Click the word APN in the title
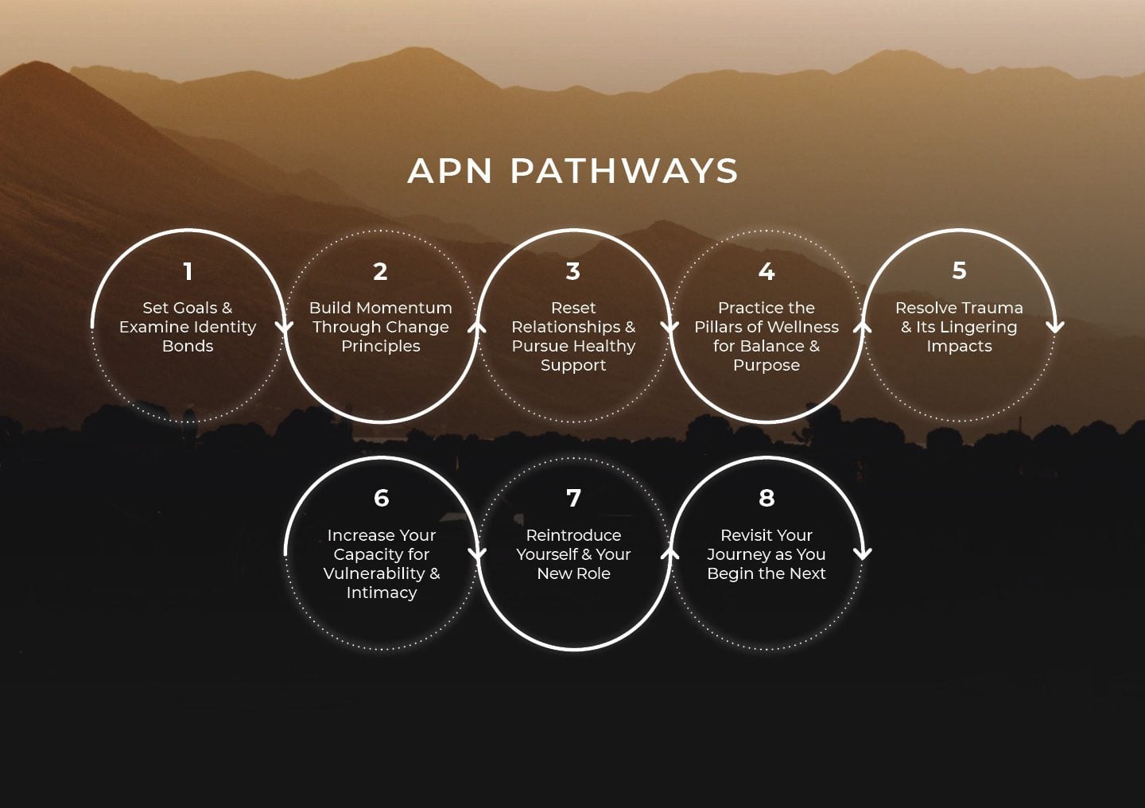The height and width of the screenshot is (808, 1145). (450, 171)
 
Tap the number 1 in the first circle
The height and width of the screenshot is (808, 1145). (188, 272)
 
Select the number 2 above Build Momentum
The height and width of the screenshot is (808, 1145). (381, 272)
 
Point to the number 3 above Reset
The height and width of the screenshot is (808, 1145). (573, 272)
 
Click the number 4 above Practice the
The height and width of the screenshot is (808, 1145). (767, 272)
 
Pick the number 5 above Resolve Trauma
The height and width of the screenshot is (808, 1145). (959, 271)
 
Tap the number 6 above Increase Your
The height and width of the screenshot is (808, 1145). (382, 499)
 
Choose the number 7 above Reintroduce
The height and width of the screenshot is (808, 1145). (573, 499)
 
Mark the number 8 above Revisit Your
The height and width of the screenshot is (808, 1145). (767, 499)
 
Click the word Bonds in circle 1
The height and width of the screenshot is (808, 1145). (188, 346)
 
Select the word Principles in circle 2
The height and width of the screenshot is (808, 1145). (381, 346)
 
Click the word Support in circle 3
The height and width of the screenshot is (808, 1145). (573, 365)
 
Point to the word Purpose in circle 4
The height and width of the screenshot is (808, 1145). (767, 365)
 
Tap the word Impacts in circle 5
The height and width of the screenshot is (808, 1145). (959, 346)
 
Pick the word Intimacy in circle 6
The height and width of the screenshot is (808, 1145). (382, 592)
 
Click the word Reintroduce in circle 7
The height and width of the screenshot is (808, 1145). (573, 535)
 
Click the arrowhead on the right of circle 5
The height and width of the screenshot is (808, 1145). (1055, 326)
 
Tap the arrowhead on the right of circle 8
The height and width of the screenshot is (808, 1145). (863, 553)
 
